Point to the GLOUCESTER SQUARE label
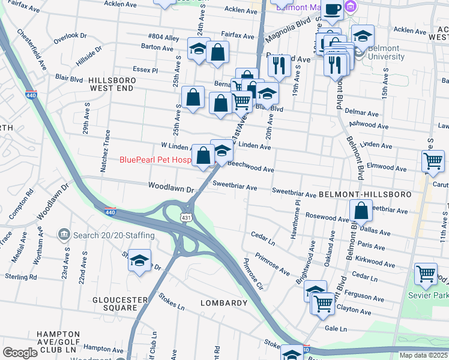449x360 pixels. point(115,304)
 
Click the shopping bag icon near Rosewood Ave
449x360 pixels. point(361,210)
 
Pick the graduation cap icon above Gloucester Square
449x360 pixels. point(139,260)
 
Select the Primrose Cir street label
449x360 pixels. point(253,274)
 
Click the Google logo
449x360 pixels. point(20,352)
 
